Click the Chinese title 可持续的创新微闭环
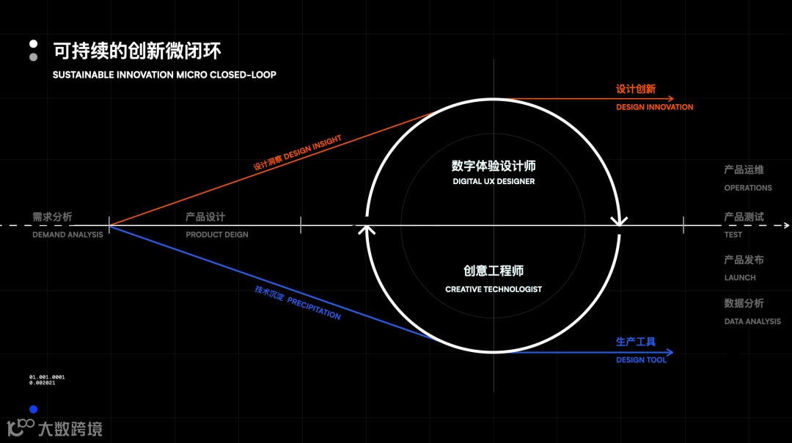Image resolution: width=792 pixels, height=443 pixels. click(137, 51)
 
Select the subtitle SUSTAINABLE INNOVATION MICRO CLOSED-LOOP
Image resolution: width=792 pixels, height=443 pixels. click(164, 75)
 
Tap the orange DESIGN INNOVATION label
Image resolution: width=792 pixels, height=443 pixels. click(654, 107)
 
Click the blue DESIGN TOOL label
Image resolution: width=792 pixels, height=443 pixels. click(641, 360)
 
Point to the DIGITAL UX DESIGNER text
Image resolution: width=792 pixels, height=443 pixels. click(494, 181)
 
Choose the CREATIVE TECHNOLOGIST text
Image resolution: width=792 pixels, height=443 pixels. click(494, 290)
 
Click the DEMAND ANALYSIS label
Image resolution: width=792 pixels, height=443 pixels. click(67, 235)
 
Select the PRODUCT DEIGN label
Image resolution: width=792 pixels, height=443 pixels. click(217, 235)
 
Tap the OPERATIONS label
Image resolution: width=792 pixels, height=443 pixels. click(748, 188)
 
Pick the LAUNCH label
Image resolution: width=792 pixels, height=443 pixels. click(740, 278)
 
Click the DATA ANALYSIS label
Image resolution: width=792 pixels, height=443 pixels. click(752, 321)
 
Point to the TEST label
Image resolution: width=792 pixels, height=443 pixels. click(733, 235)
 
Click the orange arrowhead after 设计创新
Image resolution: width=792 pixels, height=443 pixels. click(670, 99)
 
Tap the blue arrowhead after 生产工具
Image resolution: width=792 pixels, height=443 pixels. click(670, 352)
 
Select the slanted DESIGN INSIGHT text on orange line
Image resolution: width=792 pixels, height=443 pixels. click(312, 147)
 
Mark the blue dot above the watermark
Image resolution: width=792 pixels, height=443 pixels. click(33, 409)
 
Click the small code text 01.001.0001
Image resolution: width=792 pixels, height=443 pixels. click(47, 377)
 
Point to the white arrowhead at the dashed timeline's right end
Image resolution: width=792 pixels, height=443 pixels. click(786, 225)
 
